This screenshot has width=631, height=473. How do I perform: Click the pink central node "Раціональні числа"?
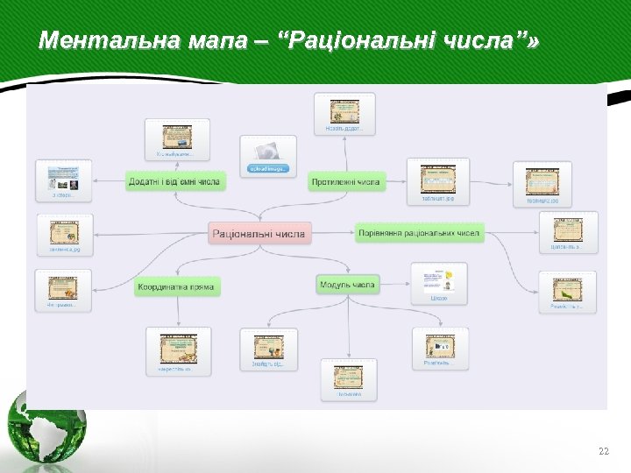[x=259, y=234]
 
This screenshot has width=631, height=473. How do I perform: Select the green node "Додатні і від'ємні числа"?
[x=174, y=181]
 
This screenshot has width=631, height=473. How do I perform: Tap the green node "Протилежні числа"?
[x=345, y=181]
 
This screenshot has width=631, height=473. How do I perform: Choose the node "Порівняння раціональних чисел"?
[x=419, y=233]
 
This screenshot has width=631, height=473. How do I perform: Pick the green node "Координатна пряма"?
[x=177, y=286]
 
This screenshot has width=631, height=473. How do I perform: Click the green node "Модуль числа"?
[x=348, y=284]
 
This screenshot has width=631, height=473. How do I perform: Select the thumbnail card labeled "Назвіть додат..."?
[x=344, y=114]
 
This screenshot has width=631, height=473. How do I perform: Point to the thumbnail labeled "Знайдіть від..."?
[x=268, y=349]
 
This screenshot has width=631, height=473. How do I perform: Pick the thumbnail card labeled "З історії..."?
[x=63, y=180]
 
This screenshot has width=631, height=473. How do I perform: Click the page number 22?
[x=602, y=451]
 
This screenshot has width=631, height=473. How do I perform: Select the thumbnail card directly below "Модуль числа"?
[x=348, y=379]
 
